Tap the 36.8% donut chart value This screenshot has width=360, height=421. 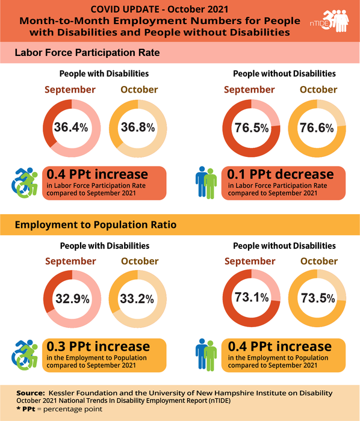[x=138, y=128]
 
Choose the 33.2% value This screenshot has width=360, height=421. [x=138, y=299]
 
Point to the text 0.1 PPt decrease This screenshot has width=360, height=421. [x=280, y=175]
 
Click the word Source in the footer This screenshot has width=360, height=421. [x=31, y=393]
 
